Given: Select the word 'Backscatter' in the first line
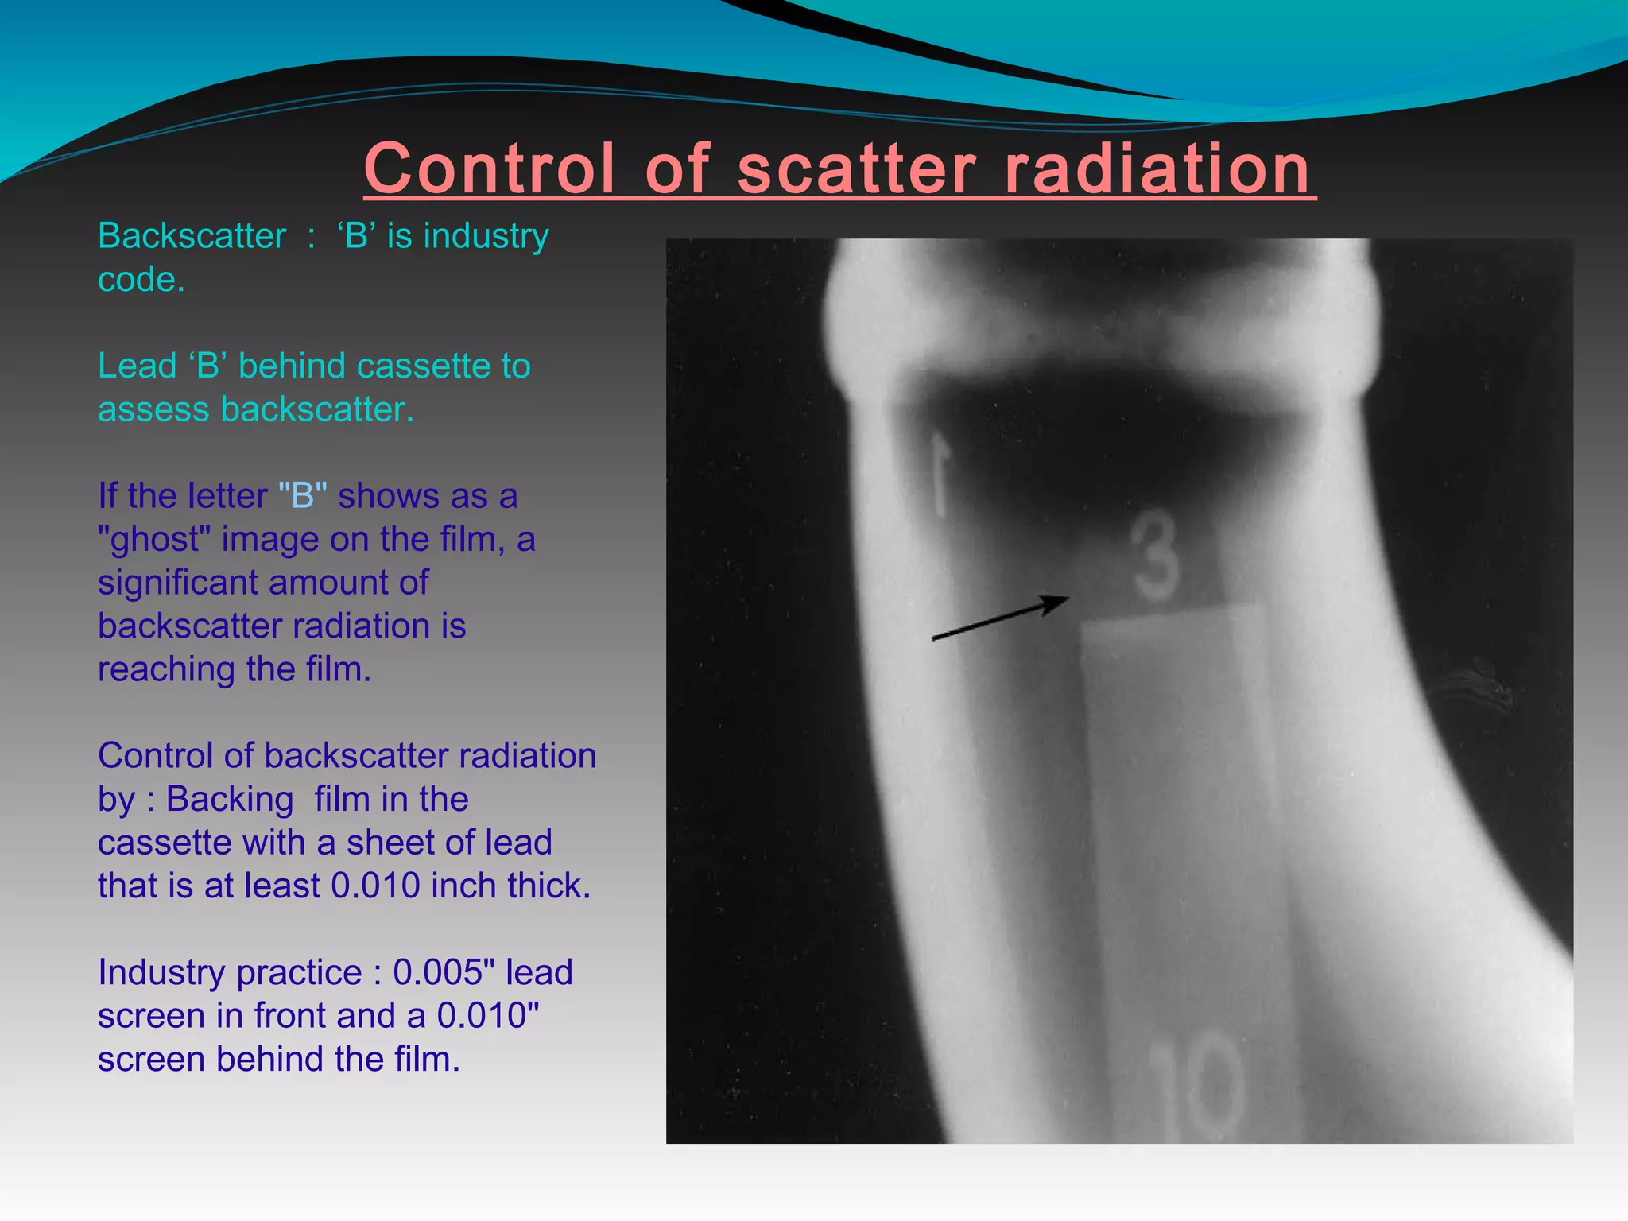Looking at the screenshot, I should [x=192, y=236].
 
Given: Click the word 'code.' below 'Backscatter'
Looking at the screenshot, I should [x=141, y=279].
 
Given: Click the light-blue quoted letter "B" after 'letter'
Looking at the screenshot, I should [x=303, y=496].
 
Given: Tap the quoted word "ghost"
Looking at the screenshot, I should [x=154, y=540].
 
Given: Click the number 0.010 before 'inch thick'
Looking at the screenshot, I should [x=374, y=886].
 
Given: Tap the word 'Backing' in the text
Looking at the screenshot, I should [x=230, y=799].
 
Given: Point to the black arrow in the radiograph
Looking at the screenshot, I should [x=999, y=618].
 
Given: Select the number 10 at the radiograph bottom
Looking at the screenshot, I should [x=1197, y=1085].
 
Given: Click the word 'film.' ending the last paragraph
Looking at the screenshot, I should [x=427, y=1059].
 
